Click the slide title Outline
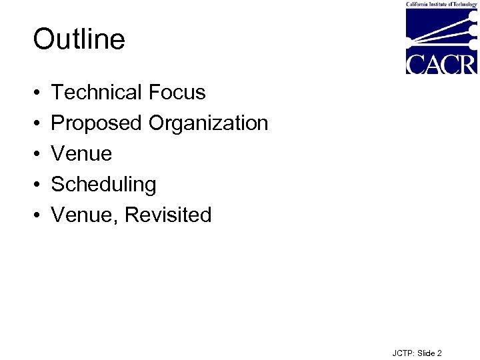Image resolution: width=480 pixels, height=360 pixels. coord(79,39)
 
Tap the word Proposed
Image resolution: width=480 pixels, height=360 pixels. coord(97,123)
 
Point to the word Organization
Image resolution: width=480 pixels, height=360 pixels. coord(208,123)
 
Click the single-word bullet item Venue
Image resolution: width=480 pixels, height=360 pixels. coord(81,154)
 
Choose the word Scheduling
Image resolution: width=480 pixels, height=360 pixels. coord(103,185)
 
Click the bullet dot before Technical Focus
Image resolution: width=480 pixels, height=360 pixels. coord(36,93)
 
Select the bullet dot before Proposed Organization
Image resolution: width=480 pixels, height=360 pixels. coord(36,124)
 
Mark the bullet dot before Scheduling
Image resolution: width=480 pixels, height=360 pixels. coord(36,185)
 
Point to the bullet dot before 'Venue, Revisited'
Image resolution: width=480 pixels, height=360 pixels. coord(36,216)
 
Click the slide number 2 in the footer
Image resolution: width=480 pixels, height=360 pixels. coord(439,353)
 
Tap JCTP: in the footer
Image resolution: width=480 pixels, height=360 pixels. coord(404,353)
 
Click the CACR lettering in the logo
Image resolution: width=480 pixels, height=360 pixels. coord(441,64)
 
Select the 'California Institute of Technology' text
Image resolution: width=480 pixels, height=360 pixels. coord(441,4)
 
